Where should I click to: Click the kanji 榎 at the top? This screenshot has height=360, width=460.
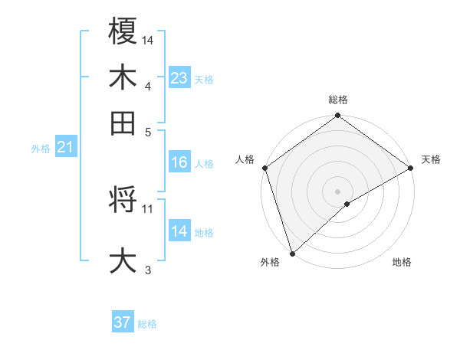click(x=123, y=32)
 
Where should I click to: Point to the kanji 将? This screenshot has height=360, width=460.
click(x=123, y=201)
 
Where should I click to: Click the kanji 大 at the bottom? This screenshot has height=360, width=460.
click(x=123, y=260)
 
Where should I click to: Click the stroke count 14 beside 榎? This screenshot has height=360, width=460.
click(x=148, y=40)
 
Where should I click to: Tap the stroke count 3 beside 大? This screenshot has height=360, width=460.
click(x=148, y=269)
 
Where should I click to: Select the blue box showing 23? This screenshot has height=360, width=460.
click(x=179, y=78)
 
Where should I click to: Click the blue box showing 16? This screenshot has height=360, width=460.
click(x=179, y=162)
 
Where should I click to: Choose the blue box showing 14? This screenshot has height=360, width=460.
click(x=179, y=231)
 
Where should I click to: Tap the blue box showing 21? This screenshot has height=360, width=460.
click(x=65, y=148)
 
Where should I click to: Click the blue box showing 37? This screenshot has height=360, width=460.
click(x=123, y=322)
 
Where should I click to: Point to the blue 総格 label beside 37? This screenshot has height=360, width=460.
click(x=147, y=324)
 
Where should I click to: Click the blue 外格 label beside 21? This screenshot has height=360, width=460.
click(x=40, y=149)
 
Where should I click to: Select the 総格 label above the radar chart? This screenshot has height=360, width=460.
click(x=337, y=100)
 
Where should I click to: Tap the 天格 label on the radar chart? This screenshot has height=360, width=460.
click(x=431, y=159)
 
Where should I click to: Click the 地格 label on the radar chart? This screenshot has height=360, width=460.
click(x=402, y=263)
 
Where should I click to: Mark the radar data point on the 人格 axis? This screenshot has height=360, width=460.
click(x=264, y=168)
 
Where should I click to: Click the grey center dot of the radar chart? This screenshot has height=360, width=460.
click(x=337, y=191)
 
